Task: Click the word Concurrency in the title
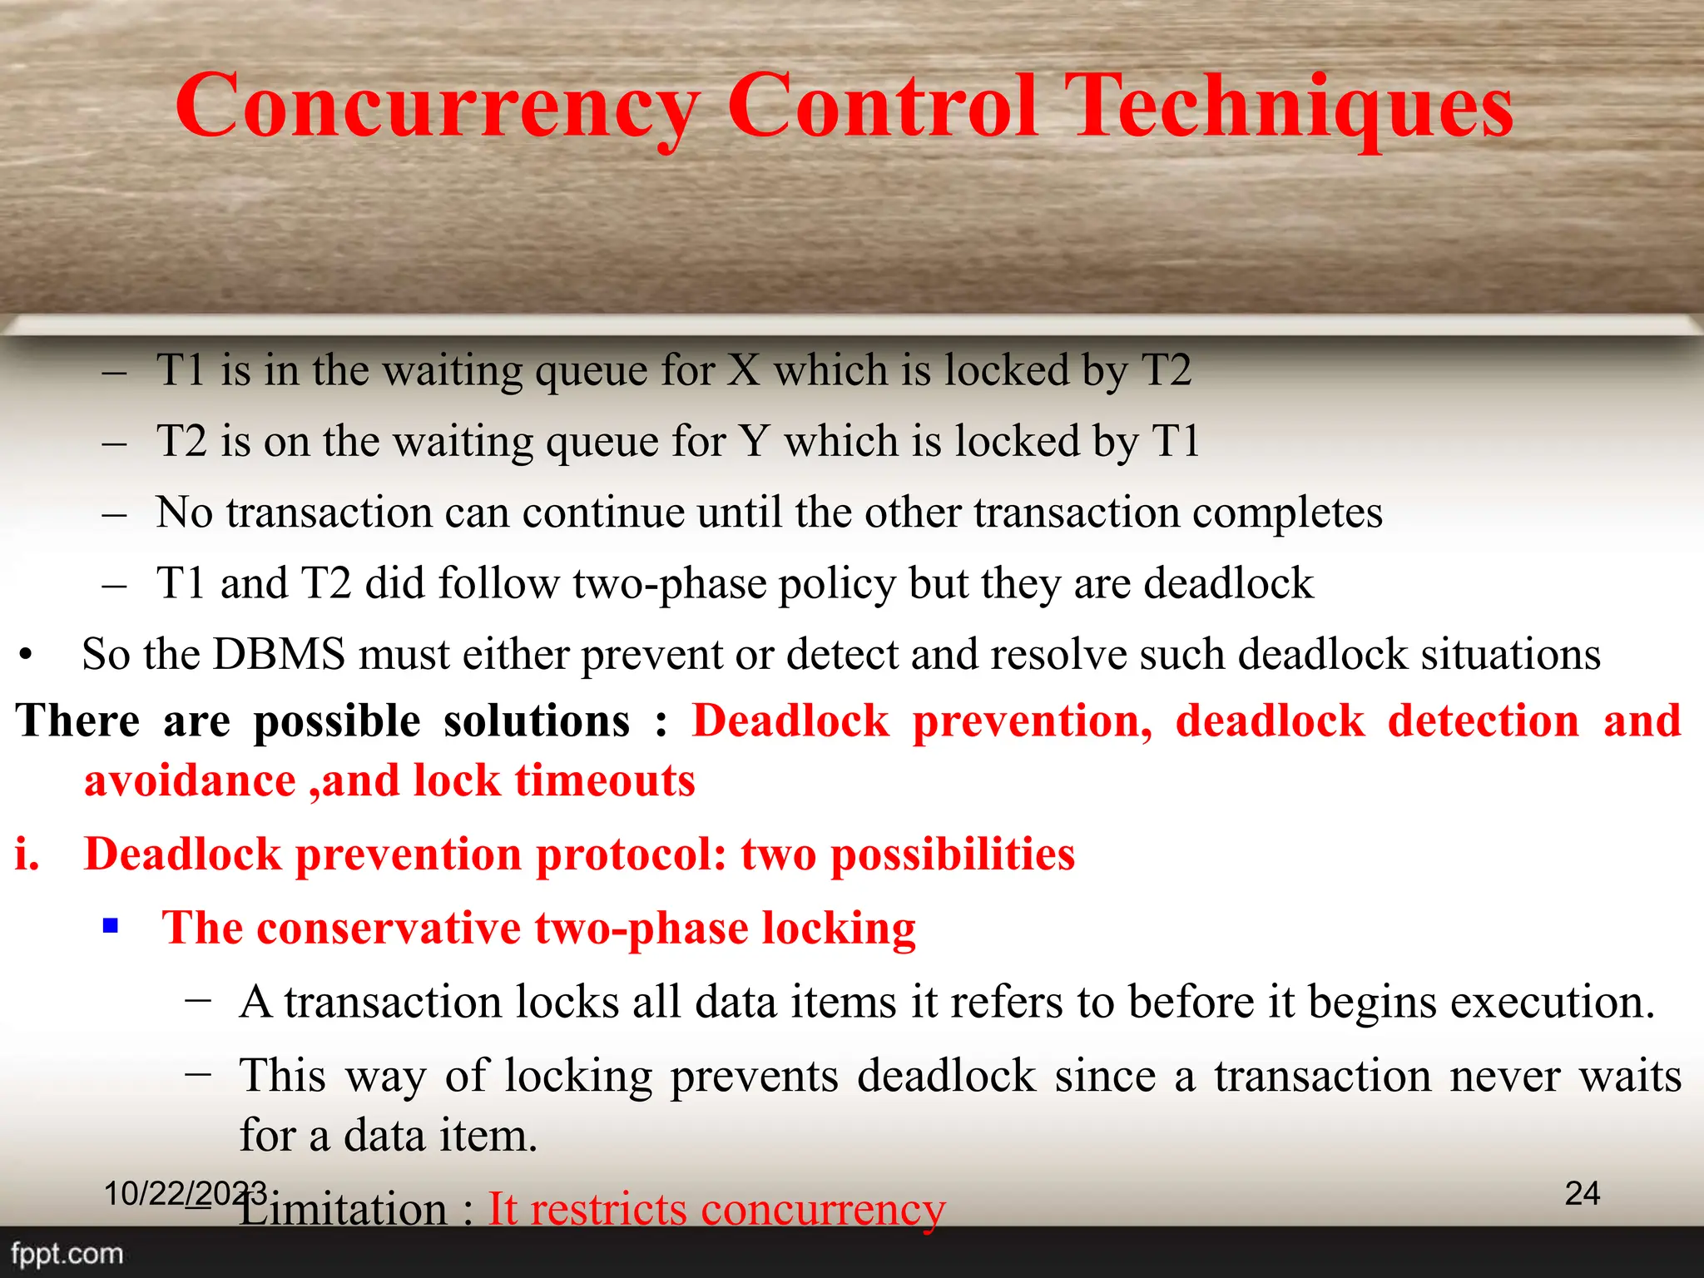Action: coord(438,106)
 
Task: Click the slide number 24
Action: coord(1582,1193)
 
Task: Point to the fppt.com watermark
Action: coord(67,1254)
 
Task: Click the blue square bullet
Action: coord(111,925)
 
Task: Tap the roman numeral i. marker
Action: coord(27,854)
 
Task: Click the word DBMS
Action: coord(279,654)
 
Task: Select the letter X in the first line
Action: coord(744,370)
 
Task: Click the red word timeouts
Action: coord(605,780)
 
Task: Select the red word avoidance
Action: coord(190,780)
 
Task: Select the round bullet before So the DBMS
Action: coord(27,656)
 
